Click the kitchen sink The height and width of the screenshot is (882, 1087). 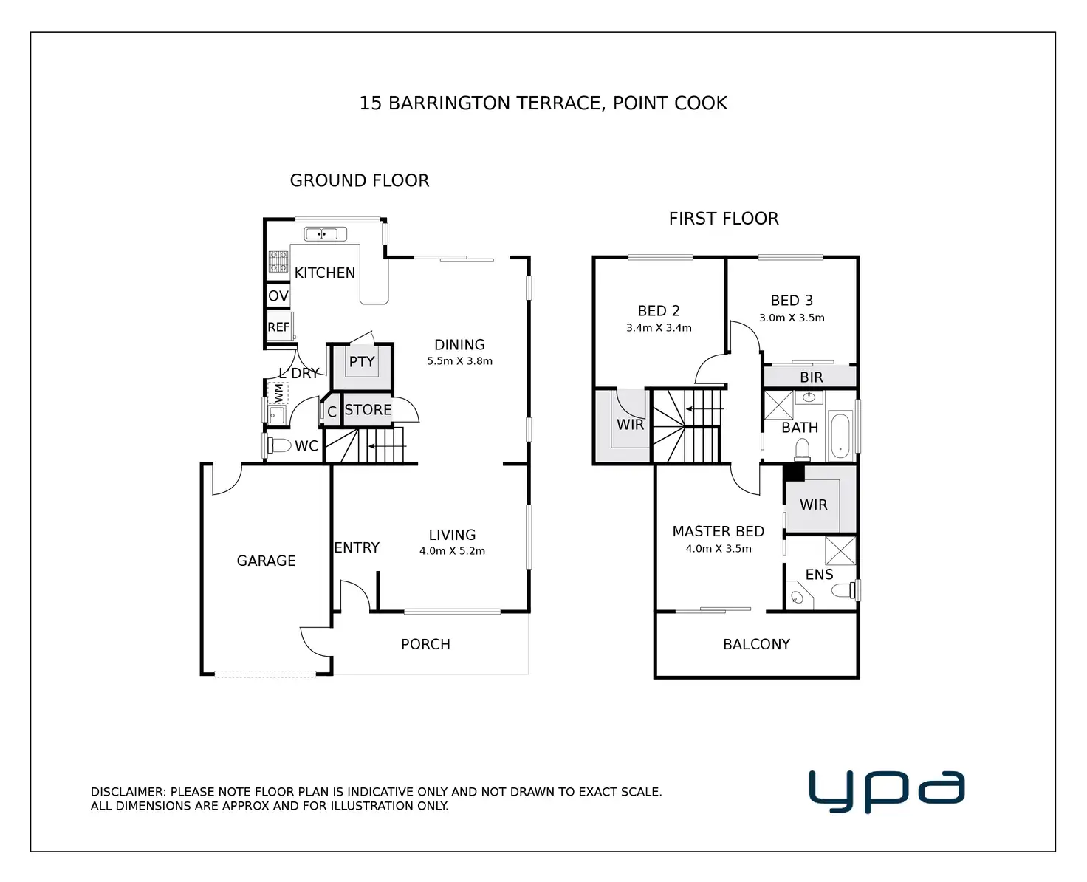[x=325, y=233]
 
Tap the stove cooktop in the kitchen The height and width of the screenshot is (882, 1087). [x=278, y=261]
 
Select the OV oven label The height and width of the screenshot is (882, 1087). [x=278, y=295]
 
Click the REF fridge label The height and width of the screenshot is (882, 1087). [x=278, y=327]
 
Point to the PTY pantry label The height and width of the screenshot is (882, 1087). [x=362, y=362]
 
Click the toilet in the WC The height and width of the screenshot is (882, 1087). [x=279, y=445]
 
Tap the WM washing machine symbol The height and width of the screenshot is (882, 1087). [x=278, y=394]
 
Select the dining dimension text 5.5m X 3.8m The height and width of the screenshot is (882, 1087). [x=460, y=361]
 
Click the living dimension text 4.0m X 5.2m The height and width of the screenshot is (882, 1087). [x=452, y=551]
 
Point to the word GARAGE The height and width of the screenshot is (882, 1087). [x=266, y=561]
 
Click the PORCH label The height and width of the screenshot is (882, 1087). [x=425, y=644]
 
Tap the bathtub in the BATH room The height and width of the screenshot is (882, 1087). [x=840, y=435]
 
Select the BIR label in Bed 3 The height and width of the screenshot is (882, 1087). [x=812, y=377]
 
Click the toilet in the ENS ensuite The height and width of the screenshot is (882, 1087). [x=843, y=590]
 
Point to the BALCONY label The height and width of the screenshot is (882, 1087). [x=756, y=644]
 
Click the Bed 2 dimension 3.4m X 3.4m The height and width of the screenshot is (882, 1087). [x=659, y=328]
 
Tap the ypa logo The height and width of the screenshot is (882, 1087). [x=887, y=790]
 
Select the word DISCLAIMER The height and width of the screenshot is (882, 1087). [x=128, y=792]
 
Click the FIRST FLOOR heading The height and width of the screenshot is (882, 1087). [x=724, y=219]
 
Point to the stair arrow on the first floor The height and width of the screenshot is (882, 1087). [x=705, y=408]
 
